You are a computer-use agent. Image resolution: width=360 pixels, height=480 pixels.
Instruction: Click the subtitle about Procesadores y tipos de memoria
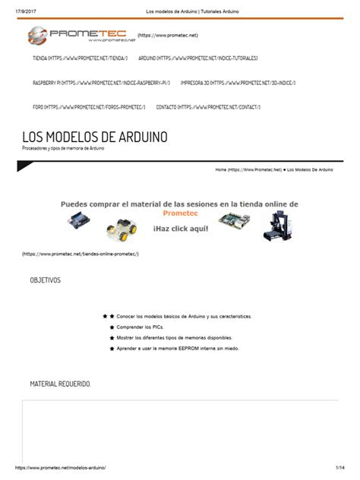click(63, 148)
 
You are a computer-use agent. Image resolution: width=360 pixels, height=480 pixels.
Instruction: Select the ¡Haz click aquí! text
click(179, 228)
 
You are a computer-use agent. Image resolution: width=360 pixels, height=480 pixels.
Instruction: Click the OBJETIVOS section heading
click(45, 281)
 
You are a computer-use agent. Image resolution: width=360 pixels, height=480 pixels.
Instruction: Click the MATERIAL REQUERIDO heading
click(60, 384)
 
